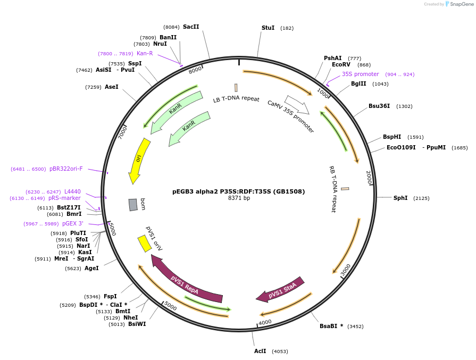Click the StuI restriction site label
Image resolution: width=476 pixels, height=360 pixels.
[268, 28]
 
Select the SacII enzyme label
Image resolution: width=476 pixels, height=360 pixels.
[191, 27]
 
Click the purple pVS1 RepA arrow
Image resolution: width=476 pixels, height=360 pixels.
[186, 280]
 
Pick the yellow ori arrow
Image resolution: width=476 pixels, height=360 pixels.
[138, 160]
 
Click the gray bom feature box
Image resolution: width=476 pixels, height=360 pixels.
[133, 205]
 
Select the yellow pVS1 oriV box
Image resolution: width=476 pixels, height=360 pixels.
[145, 244]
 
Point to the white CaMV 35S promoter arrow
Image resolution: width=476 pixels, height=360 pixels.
[297, 105]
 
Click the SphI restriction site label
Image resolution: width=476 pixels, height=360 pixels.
[400, 198]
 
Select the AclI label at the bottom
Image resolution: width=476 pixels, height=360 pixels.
[260, 351]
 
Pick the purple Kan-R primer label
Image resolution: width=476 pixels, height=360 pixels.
[145, 53]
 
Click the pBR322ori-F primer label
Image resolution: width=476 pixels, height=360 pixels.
[66, 169]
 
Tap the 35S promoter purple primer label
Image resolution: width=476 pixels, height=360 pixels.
[360, 74]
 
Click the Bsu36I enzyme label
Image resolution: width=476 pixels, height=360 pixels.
[379, 106]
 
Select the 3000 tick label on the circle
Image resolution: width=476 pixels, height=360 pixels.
[346, 270]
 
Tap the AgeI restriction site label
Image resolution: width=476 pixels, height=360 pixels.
[91, 268]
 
